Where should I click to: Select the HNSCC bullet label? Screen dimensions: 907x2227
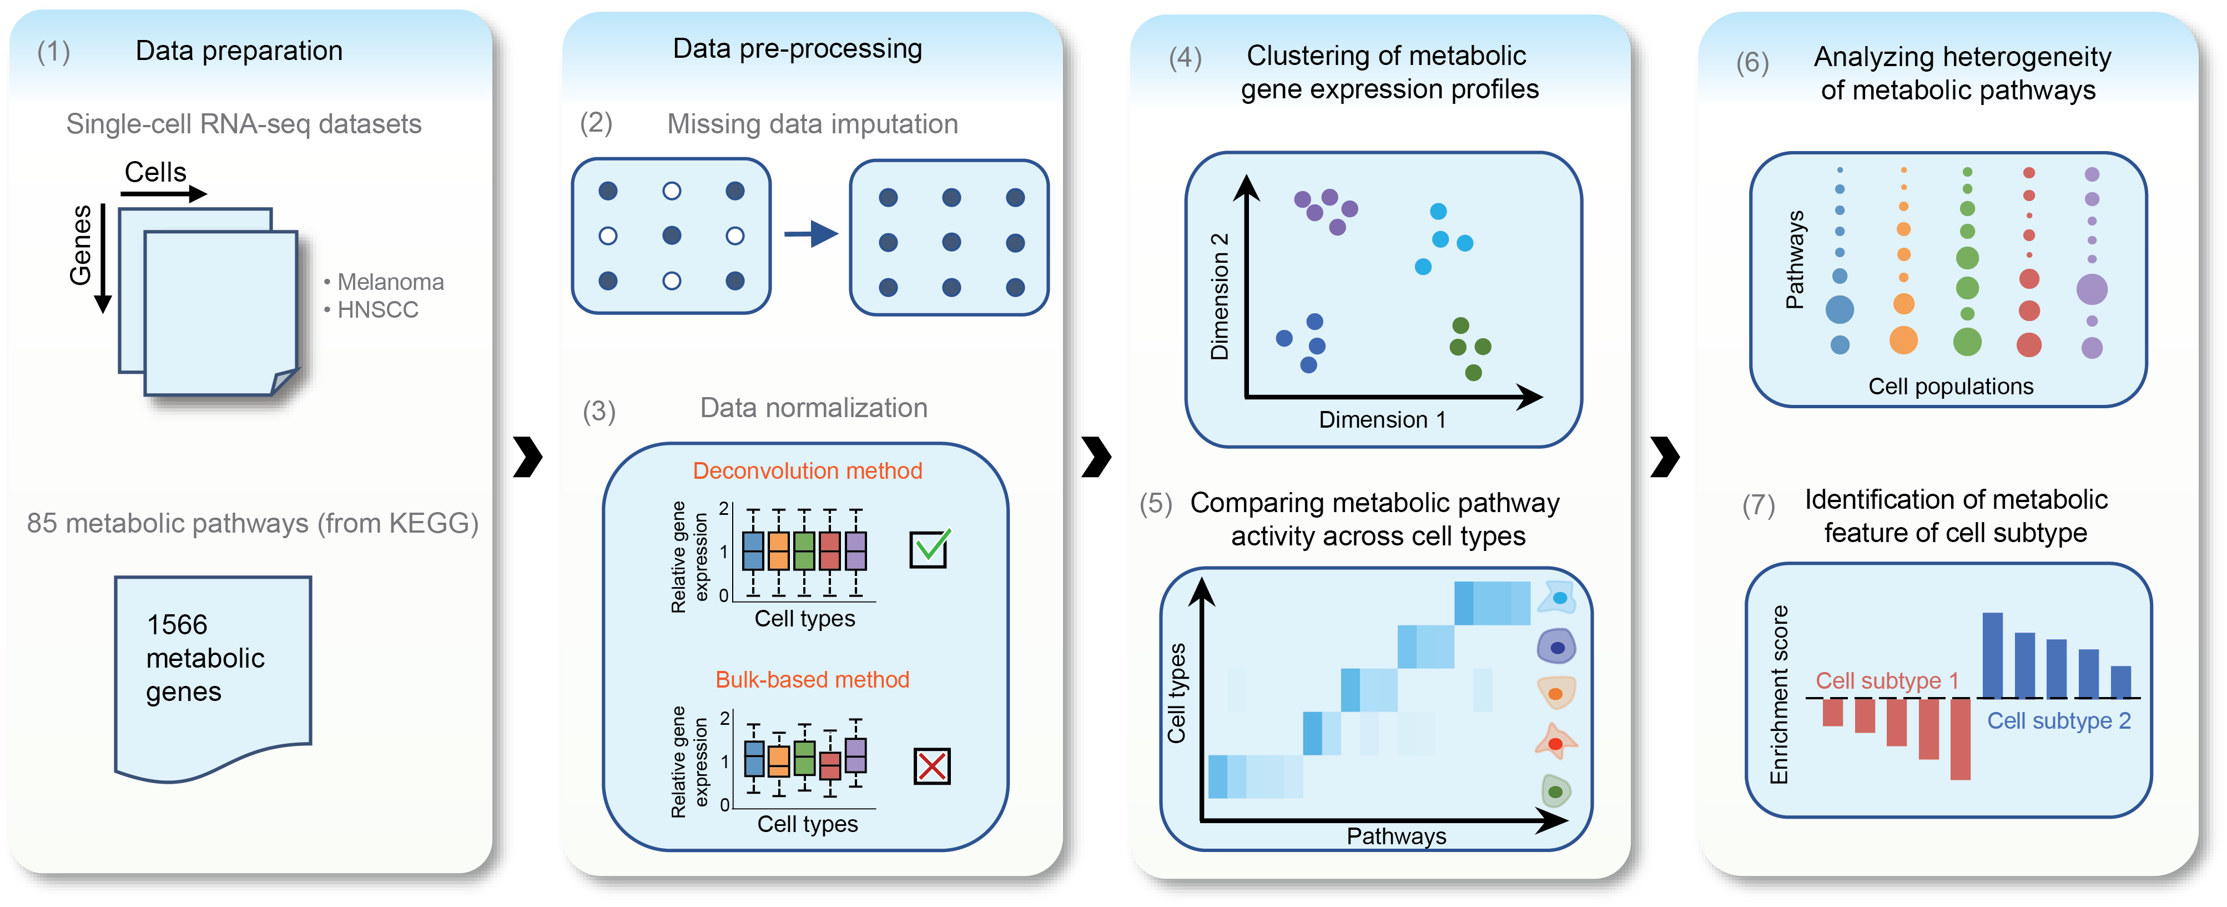(378, 309)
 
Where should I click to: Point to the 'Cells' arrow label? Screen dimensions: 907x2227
(155, 172)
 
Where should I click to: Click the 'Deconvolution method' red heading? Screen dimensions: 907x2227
(808, 470)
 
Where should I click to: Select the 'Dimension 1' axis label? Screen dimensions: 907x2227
(1382, 420)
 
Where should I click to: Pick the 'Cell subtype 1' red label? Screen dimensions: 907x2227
(1886, 681)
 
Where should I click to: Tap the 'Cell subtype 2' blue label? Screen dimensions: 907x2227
(2058, 720)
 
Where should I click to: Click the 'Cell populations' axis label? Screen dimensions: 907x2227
(1951, 387)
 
